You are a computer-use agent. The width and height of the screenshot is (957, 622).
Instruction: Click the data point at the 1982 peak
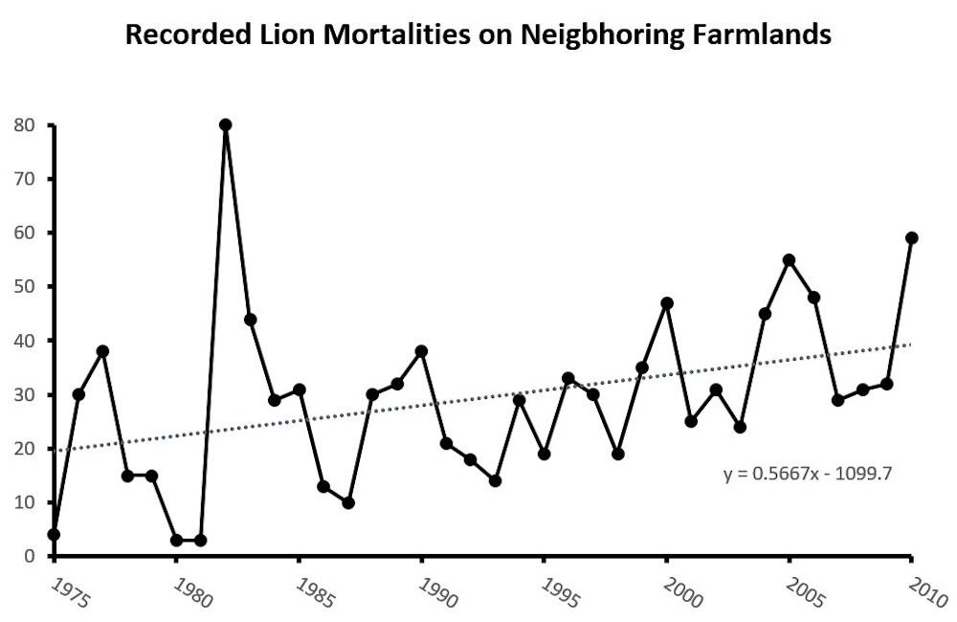tap(226, 125)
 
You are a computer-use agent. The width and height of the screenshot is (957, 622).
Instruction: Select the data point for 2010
tap(912, 238)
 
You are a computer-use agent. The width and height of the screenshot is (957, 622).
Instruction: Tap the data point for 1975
tap(55, 534)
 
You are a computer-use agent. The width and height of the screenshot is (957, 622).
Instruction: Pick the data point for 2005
tap(790, 260)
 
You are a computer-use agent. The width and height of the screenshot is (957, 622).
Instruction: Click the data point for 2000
tap(667, 303)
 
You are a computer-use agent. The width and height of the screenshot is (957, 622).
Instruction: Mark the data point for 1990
tap(422, 351)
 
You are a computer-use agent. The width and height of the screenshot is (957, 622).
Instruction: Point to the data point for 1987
tap(348, 502)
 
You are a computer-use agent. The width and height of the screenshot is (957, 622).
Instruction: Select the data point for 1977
tap(103, 351)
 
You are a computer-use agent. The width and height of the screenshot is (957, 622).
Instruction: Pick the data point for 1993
tap(495, 480)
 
